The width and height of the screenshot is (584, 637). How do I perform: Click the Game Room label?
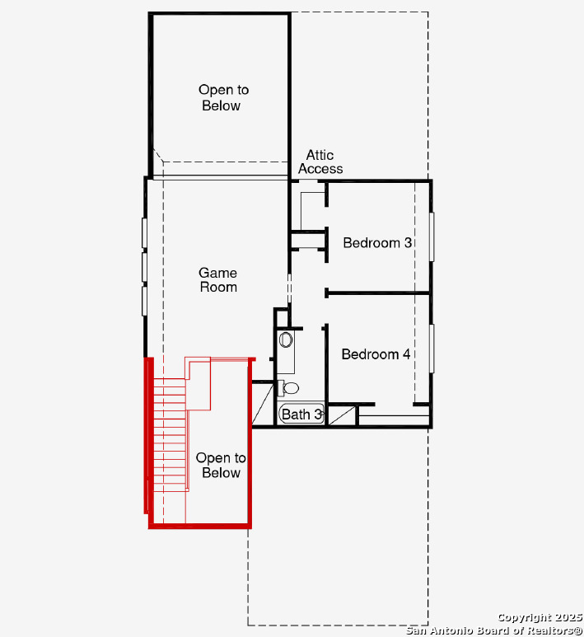(x=218, y=280)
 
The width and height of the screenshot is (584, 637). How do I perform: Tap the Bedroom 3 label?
(x=377, y=243)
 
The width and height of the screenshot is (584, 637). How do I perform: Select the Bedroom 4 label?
(x=376, y=354)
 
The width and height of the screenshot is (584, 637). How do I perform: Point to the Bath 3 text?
(x=301, y=415)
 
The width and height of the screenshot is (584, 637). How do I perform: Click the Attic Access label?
(x=320, y=162)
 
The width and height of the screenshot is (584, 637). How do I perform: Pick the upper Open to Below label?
(x=223, y=97)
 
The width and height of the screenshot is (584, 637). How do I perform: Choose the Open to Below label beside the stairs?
(x=221, y=465)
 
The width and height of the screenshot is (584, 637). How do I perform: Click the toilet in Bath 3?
(x=289, y=388)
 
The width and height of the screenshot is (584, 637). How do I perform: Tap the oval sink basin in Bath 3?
(x=286, y=340)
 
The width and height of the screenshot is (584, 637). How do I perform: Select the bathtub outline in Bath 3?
(x=301, y=414)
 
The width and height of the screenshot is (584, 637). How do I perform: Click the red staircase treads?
(x=171, y=434)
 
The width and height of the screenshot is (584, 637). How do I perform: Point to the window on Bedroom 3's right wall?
(x=432, y=237)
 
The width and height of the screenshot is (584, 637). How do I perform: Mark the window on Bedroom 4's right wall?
(x=432, y=348)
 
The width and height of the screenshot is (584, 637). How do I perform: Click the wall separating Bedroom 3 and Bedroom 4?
(x=378, y=293)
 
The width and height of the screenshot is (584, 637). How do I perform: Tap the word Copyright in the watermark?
(x=524, y=618)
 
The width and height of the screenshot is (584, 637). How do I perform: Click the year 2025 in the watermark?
(x=568, y=617)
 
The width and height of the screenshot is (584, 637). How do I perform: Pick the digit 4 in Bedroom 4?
(x=406, y=354)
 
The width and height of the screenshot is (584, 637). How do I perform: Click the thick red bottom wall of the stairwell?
(x=200, y=526)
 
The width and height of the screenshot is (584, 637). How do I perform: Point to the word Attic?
(x=320, y=155)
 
